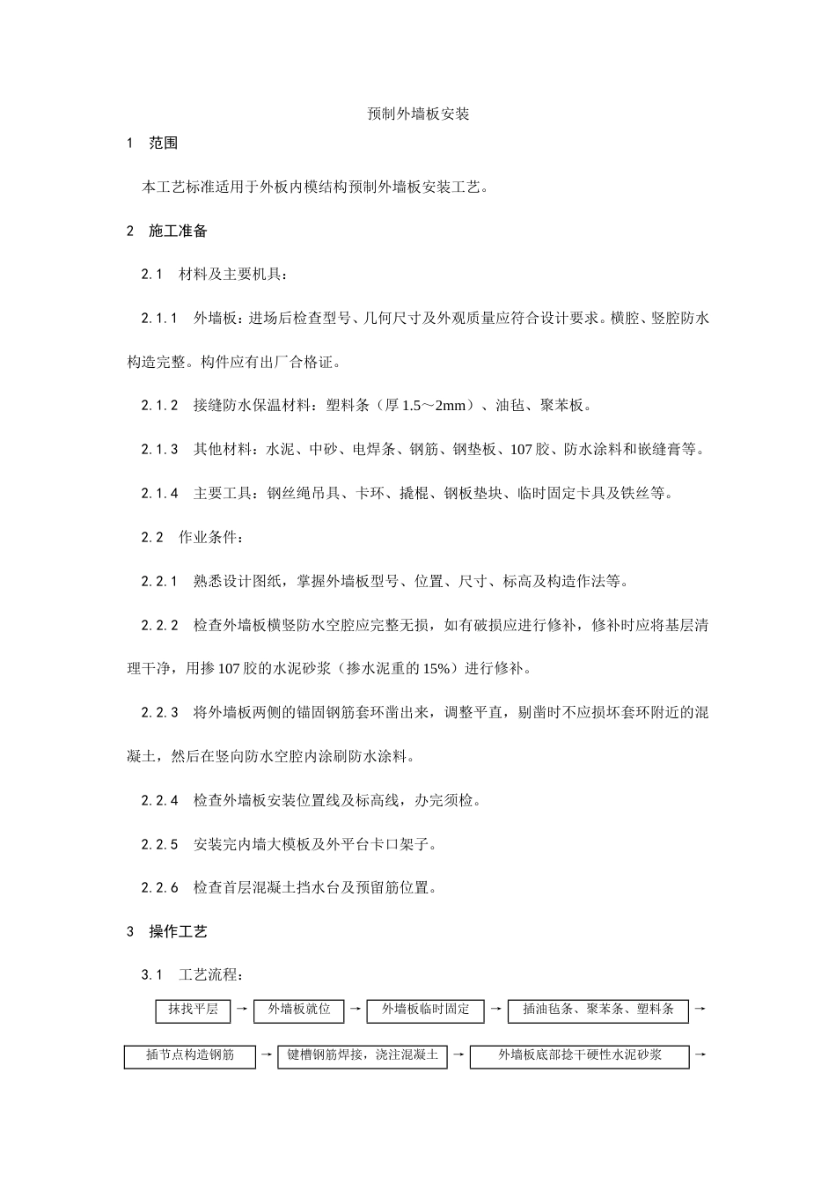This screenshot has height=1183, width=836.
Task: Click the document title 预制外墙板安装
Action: coord(418,114)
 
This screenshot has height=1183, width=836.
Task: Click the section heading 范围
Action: coord(165,143)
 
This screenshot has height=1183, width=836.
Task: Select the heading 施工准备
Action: coord(179,231)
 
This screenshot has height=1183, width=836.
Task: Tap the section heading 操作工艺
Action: coord(179,931)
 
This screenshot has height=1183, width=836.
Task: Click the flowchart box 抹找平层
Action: coord(194,1010)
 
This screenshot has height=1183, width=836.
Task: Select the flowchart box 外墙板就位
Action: coord(299,1010)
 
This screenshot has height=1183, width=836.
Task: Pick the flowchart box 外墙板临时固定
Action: coord(426,1010)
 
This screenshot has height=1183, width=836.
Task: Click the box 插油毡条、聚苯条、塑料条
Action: coord(598,1010)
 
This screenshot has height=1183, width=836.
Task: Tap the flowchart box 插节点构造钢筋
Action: coord(190,1055)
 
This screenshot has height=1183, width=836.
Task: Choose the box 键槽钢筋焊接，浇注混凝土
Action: coord(363,1055)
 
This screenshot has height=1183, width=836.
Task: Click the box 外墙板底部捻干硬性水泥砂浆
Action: coord(580,1055)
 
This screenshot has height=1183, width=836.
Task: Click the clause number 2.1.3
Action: coord(159,450)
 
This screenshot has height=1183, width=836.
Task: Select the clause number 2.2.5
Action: coord(159,845)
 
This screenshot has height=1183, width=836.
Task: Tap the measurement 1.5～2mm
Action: coord(436,406)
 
